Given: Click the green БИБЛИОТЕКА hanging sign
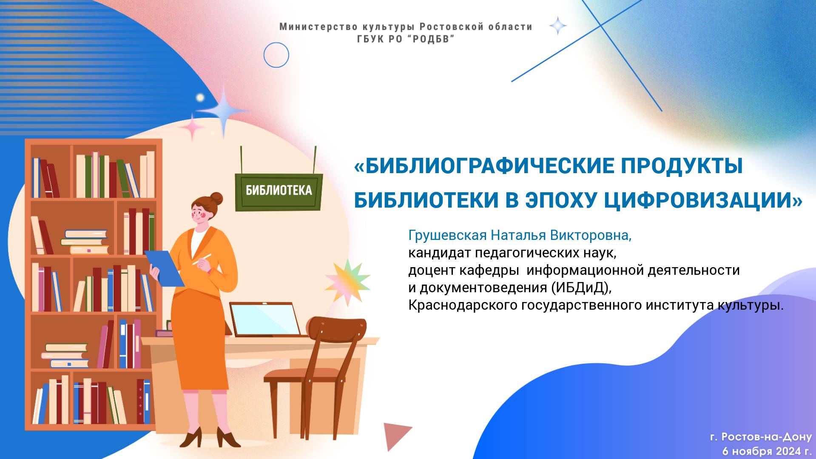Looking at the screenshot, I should [279, 191].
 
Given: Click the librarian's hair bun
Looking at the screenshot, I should [216, 198].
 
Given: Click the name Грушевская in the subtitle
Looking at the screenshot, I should [447, 235].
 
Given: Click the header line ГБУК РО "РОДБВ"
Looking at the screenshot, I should [406, 39].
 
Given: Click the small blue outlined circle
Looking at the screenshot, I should [276, 55].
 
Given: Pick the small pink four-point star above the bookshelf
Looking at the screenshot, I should [192, 127].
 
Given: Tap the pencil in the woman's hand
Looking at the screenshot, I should [202, 259].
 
